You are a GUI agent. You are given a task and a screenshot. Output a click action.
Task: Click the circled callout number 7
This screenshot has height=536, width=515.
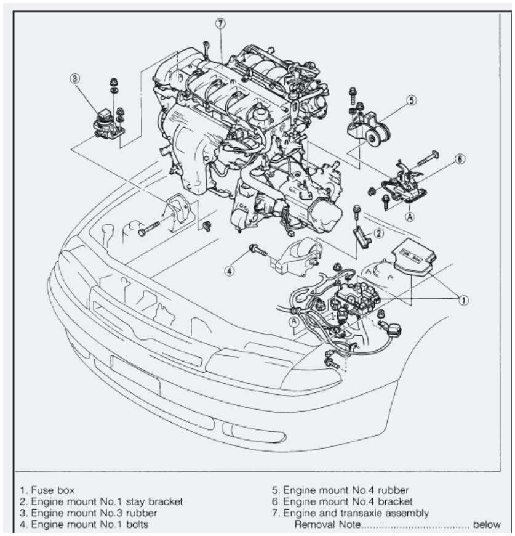221,24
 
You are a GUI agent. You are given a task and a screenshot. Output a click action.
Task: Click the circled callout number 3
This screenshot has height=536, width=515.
75,78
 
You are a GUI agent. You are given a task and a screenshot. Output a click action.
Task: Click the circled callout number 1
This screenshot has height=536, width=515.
463,300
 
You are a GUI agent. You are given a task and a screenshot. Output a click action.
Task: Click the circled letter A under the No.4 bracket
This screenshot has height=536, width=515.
409,216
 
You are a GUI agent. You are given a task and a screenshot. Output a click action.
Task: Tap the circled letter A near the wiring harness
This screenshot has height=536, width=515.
294,320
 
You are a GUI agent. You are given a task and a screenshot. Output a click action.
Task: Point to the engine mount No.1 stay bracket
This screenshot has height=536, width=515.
361,237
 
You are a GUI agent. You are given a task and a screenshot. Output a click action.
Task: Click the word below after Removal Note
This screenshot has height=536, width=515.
487,525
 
